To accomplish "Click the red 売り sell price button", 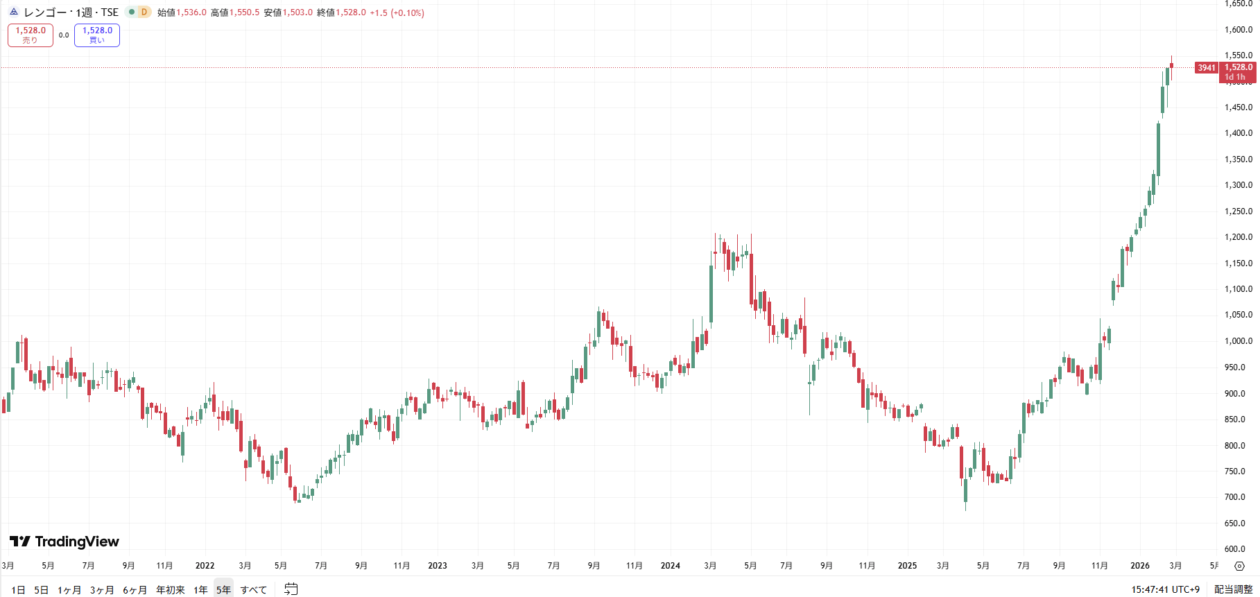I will click(31, 35).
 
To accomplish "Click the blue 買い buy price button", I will click(97, 35).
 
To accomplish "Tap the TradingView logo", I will click(64, 542).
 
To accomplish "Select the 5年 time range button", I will click(223, 590).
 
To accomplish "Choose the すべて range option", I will click(254, 590).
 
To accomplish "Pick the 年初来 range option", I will click(171, 590).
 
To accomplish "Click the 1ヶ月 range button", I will click(69, 590).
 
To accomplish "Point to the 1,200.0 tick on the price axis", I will click(1238, 237).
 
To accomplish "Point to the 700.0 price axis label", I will click(1238, 497).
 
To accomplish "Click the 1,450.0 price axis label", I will click(1238, 107).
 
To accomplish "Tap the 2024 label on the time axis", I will click(670, 566).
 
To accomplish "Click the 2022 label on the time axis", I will click(205, 566).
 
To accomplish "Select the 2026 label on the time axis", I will click(1139, 566).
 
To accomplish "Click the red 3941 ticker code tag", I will click(1207, 68).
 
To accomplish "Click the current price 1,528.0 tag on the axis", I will click(1239, 68).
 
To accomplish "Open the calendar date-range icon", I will click(291, 589).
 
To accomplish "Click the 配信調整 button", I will click(1233, 589).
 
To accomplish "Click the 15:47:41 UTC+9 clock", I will click(1165, 589).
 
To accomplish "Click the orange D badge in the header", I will click(144, 12).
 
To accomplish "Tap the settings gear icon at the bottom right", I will click(1239, 566).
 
